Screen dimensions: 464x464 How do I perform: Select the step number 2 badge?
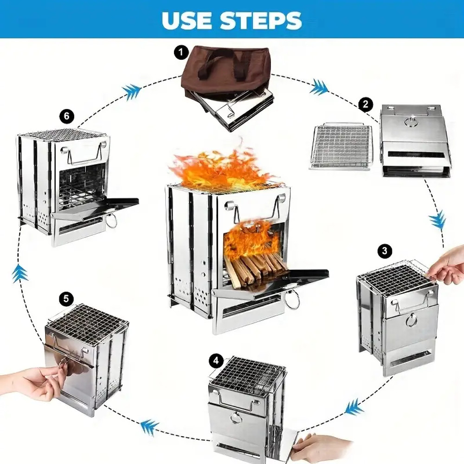366,104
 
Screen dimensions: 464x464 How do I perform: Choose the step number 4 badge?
215,360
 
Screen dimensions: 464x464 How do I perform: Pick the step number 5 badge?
66,298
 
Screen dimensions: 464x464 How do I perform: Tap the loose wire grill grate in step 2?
342,146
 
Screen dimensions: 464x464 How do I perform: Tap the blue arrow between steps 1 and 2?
319,86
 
